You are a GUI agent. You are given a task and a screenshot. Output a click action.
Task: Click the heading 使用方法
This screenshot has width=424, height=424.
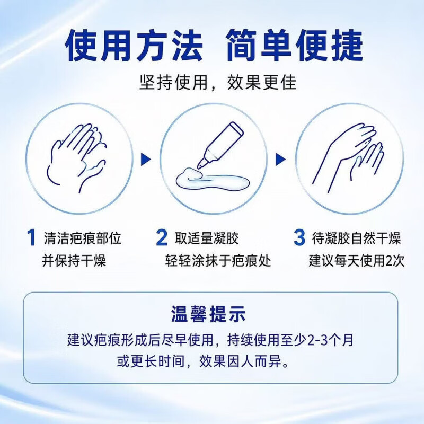[x=134, y=45]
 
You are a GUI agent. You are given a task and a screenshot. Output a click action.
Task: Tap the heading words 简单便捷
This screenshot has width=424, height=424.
[x=295, y=45]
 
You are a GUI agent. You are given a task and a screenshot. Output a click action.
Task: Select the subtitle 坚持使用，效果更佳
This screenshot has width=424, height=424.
[x=218, y=82]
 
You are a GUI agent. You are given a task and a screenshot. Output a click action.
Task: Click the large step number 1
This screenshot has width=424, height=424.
[x=31, y=237]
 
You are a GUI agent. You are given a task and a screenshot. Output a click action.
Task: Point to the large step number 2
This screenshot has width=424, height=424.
[x=162, y=237]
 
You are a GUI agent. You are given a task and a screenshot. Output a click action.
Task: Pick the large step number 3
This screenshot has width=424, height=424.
[x=299, y=237]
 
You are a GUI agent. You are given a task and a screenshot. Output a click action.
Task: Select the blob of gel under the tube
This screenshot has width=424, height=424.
[x=212, y=179]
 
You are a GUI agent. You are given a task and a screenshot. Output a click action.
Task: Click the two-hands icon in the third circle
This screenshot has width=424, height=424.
[x=349, y=158]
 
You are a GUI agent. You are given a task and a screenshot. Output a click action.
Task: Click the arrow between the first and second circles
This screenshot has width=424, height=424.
[x=146, y=160]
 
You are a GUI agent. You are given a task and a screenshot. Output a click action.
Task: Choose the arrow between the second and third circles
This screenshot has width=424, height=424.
[x=280, y=160]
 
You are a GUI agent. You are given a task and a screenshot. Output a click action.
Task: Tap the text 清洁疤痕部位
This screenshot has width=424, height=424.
[x=83, y=238]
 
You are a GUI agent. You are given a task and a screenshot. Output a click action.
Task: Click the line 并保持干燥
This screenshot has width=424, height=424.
[x=74, y=261]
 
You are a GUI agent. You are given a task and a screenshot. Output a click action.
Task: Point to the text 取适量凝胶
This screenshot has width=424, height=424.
[x=207, y=238]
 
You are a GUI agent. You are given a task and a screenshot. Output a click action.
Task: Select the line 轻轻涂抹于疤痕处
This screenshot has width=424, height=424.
[x=218, y=261]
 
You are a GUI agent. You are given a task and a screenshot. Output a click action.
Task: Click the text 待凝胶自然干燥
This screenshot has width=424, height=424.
[x=356, y=238]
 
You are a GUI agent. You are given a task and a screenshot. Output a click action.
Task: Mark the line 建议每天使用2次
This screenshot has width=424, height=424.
[x=357, y=261]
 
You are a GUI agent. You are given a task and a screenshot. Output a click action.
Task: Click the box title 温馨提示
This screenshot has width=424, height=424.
[x=208, y=314]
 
